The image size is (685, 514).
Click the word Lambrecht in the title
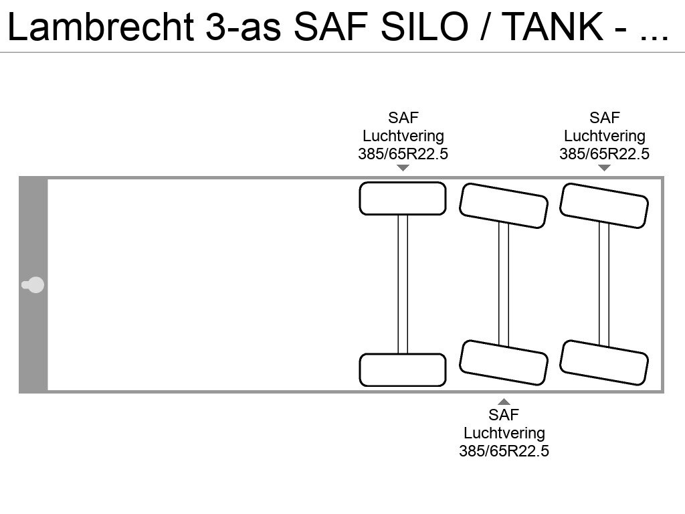101,27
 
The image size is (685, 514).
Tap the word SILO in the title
425,27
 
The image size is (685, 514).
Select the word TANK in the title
553,27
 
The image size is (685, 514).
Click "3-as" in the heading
243,27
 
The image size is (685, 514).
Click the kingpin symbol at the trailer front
33,285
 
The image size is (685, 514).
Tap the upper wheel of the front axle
403,198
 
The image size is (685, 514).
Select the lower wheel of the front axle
403,369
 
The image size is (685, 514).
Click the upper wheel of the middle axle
503,205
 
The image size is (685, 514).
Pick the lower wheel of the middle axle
503,363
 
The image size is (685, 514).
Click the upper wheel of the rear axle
604,205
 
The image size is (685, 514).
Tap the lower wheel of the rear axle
604,363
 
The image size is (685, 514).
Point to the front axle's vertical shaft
403,284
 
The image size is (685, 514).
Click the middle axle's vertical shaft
504,284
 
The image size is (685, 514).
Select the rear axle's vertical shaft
604,284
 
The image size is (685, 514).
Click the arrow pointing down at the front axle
403,168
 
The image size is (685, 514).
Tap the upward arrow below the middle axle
504,402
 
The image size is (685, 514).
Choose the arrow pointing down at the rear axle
604,168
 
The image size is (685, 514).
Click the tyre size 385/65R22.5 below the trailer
504,451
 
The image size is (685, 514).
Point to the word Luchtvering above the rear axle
605,136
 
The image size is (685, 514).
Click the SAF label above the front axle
403,118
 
